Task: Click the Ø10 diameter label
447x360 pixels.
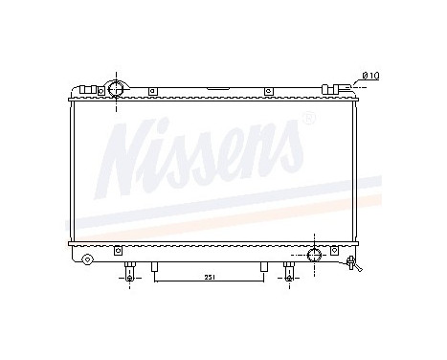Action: pyautogui.click(x=372, y=75)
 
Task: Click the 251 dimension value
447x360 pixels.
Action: pyautogui.click(x=209, y=278)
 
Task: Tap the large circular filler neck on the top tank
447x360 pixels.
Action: pyautogui.click(x=115, y=89)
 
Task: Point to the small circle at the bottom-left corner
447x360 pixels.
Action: pyautogui.click(x=87, y=259)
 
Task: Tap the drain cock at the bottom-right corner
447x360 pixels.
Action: pyautogui.click(x=351, y=261)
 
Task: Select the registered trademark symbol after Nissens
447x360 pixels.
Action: pyautogui.click(x=308, y=119)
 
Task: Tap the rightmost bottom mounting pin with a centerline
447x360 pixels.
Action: pyautogui.click(x=288, y=271)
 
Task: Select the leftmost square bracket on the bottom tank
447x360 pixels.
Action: pyautogui.click(x=118, y=251)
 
